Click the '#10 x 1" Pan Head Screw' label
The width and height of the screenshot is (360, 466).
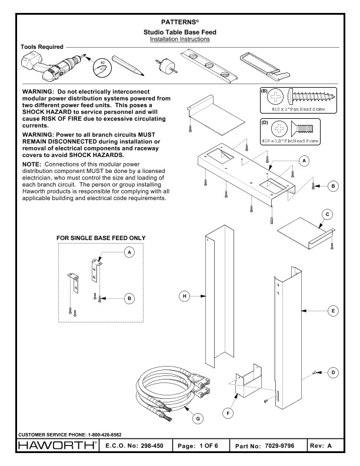click(x=305, y=110)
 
